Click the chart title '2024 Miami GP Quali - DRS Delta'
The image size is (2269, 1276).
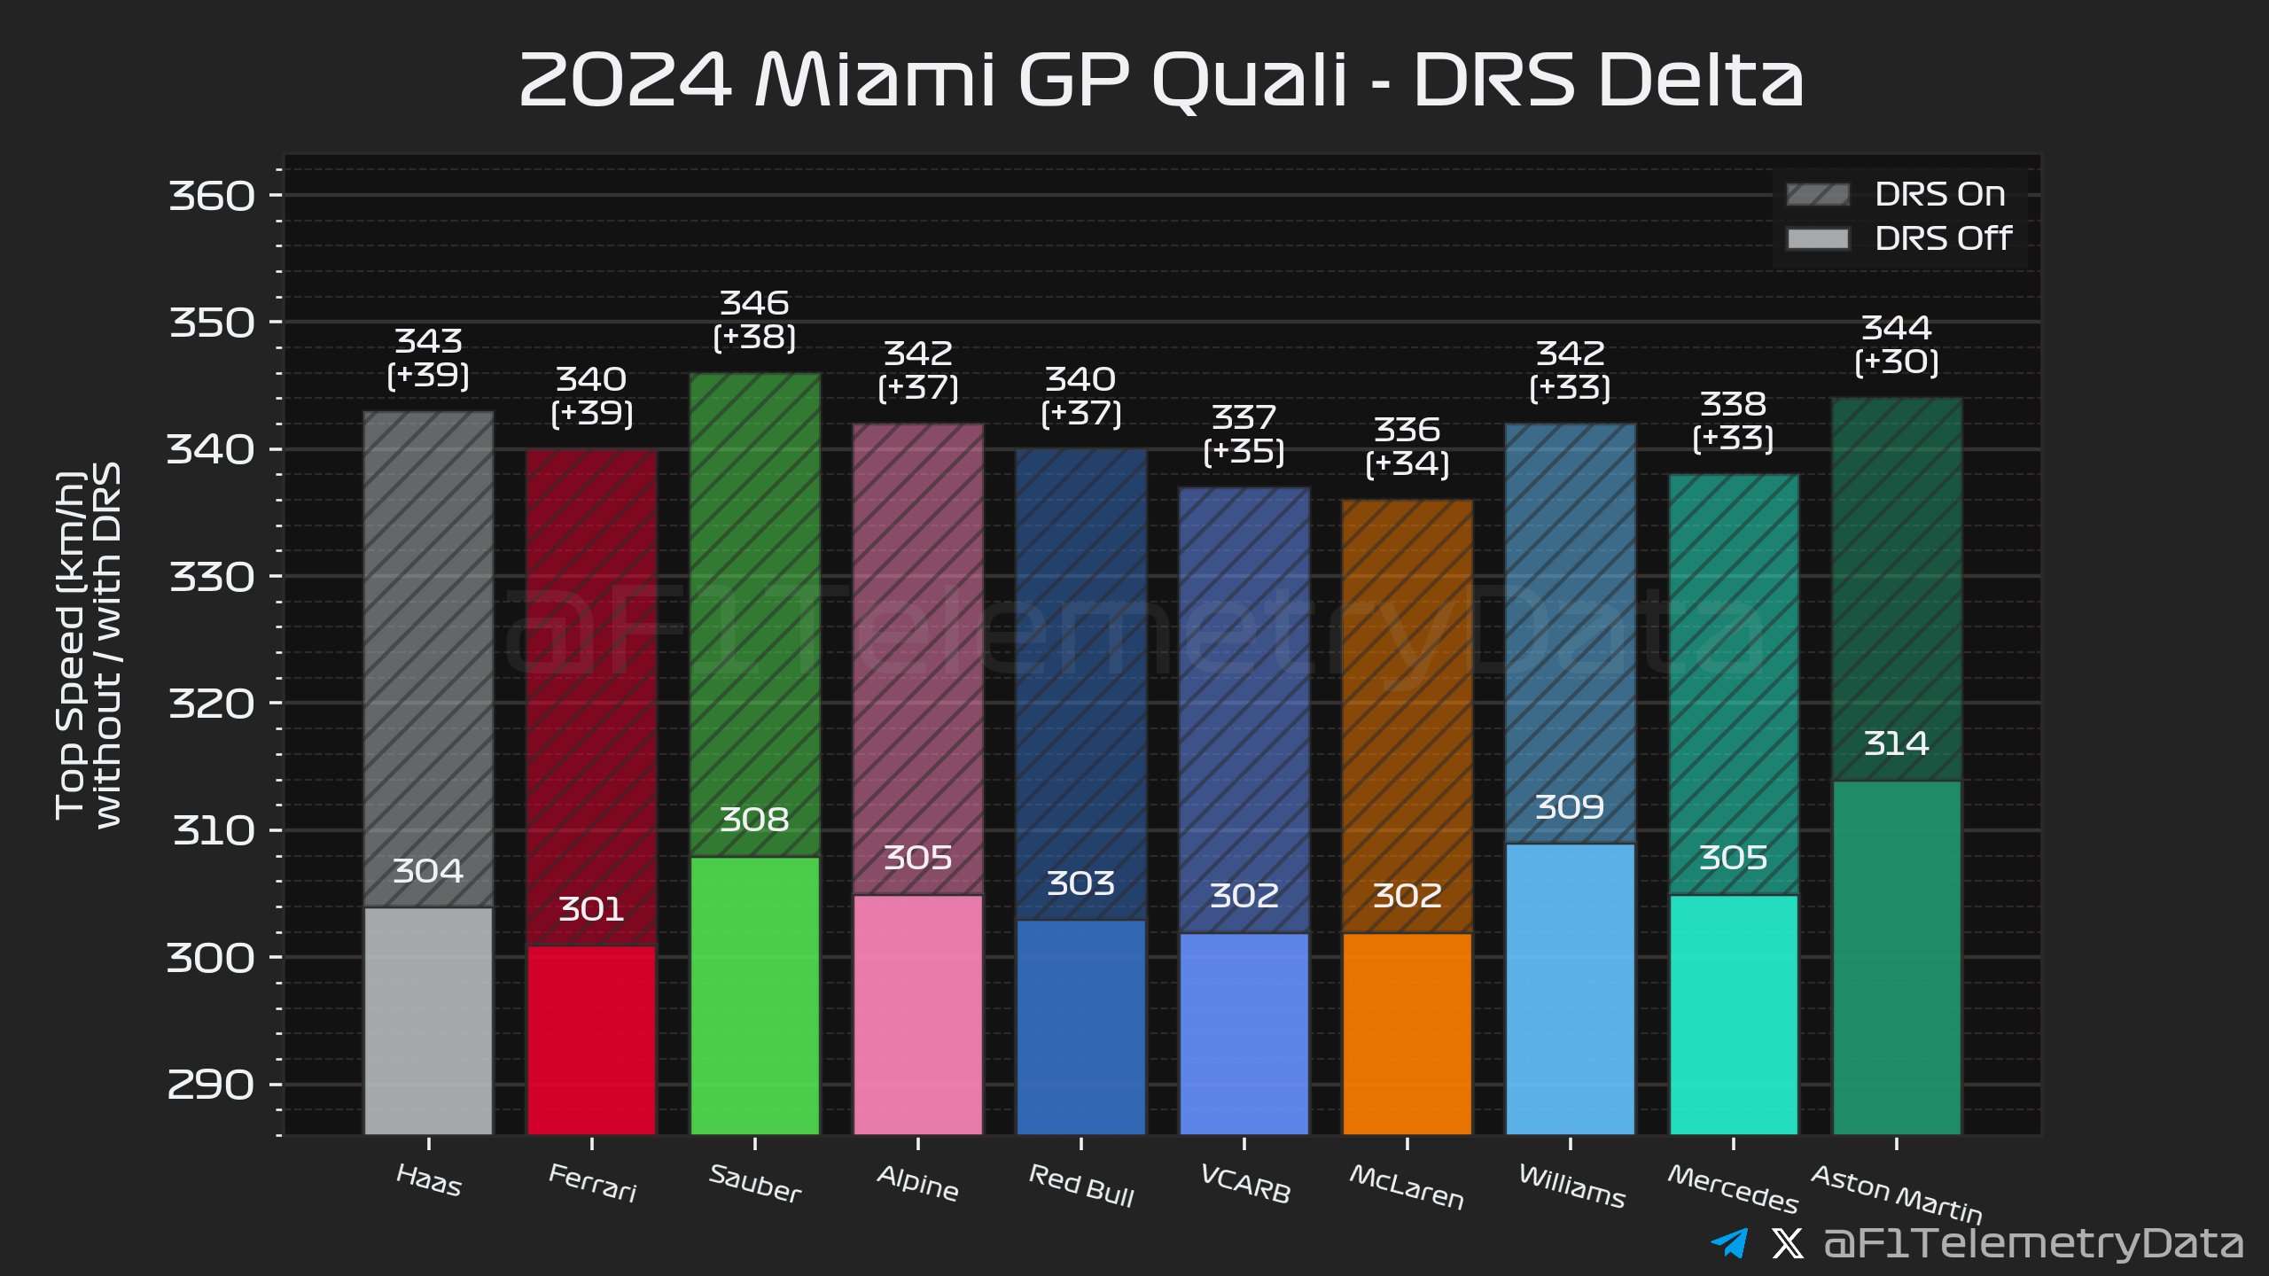tap(1161, 80)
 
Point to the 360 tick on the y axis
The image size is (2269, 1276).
tap(212, 196)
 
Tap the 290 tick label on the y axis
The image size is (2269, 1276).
tap(211, 1085)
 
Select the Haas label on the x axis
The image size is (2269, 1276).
tap(429, 1180)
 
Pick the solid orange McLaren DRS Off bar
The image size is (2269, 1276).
tap(1407, 1032)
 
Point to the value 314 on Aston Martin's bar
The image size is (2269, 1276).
tap(1896, 743)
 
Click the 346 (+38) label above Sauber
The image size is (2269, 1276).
tap(754, 320)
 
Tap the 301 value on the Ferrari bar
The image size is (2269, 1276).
tap(591, 909)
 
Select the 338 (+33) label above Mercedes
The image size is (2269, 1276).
tap(1733, 421)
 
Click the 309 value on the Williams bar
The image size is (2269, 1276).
tap(1570, 807)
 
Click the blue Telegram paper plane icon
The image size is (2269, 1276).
tap(1729, 1242)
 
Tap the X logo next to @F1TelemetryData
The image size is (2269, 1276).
tap(1787, 1243)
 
